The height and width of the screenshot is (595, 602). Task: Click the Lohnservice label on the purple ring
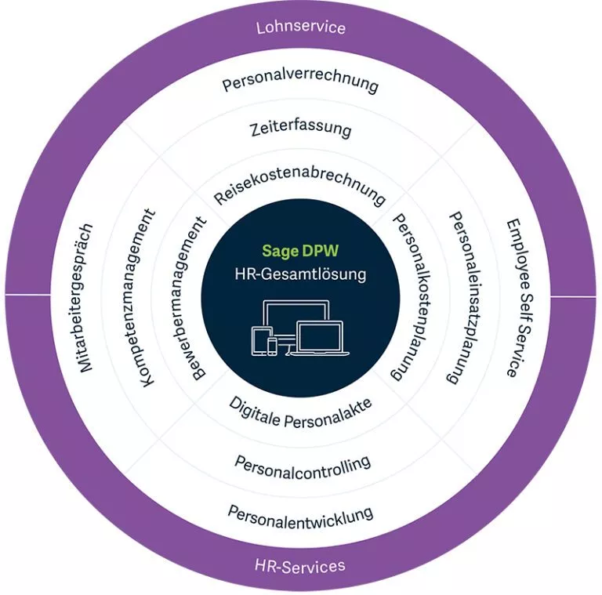click(x=301, y=27)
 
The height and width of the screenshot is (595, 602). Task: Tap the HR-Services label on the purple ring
click(x=300, y=566)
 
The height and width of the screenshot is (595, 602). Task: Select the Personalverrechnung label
click(x=301, y=82)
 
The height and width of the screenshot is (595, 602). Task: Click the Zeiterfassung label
click(x=301, y=129)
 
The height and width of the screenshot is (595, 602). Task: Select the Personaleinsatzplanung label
click(x=466, y=298)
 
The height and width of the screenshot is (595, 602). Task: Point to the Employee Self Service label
click(x=519, y=298)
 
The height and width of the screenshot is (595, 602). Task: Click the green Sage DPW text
click(x=300, y=251)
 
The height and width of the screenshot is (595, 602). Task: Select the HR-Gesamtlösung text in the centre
click(x=301, y=274)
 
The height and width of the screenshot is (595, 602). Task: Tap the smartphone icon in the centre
click(x=272, y=346)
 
